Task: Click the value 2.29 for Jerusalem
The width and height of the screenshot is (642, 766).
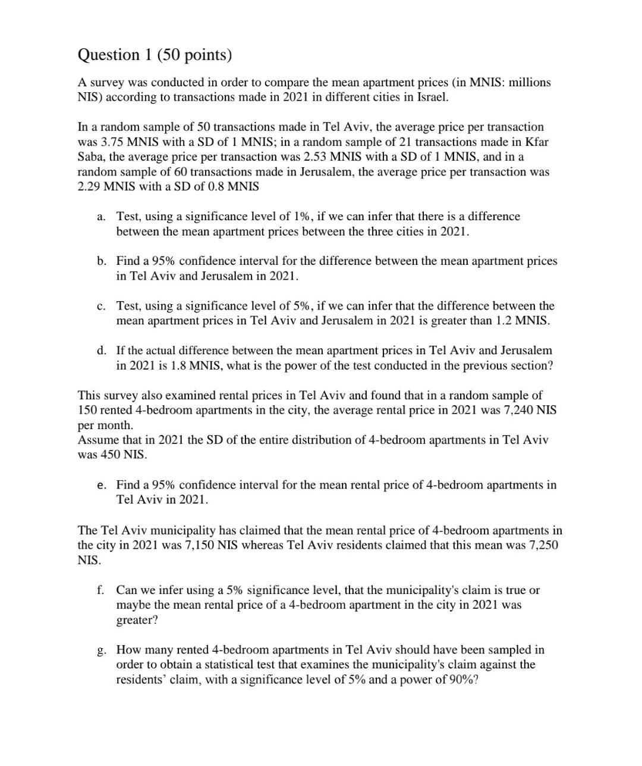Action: tap(89, 187)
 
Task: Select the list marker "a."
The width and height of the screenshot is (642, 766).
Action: tap(101, 217)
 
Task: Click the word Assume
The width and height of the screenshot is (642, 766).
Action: tap(97, 440)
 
